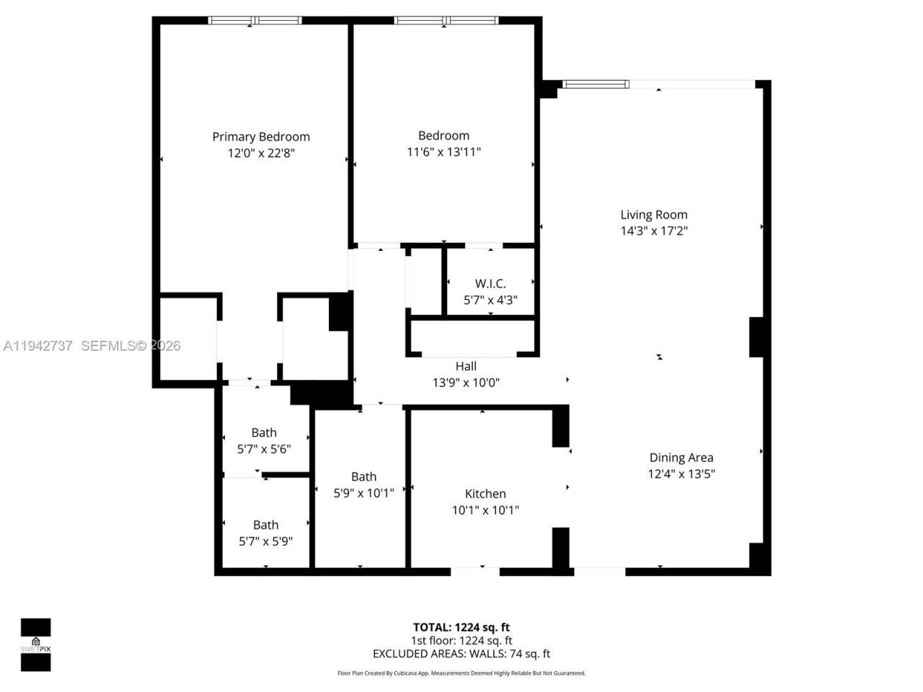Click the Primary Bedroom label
(x=261, y=137)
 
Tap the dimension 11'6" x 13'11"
(x=443, y=152)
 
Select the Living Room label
(x=654, y=215)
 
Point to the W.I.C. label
(x=490, y=284)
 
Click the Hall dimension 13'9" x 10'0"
(x=466, y=383)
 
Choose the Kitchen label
(x=485, y=494)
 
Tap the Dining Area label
(x=681, y=458)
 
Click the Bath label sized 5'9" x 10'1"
(x=363, y=477)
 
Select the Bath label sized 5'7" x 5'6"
(x=264, y=433)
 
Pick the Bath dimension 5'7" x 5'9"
(x=265, y=541)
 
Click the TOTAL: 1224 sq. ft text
(x=461, y=627)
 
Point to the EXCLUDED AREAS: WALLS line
(x=461, y=654)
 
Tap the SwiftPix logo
(x=35, y=644)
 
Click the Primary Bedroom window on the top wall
(x=255, y=21)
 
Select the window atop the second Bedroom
(x=446, y=21)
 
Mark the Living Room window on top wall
(x=596, y=84)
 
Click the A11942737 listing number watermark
(x=37, y=346)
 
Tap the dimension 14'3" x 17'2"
(x=654, y=231)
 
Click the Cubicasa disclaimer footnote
(x=461, y=673)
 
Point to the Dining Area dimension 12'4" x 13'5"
(x=681, y=474)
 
